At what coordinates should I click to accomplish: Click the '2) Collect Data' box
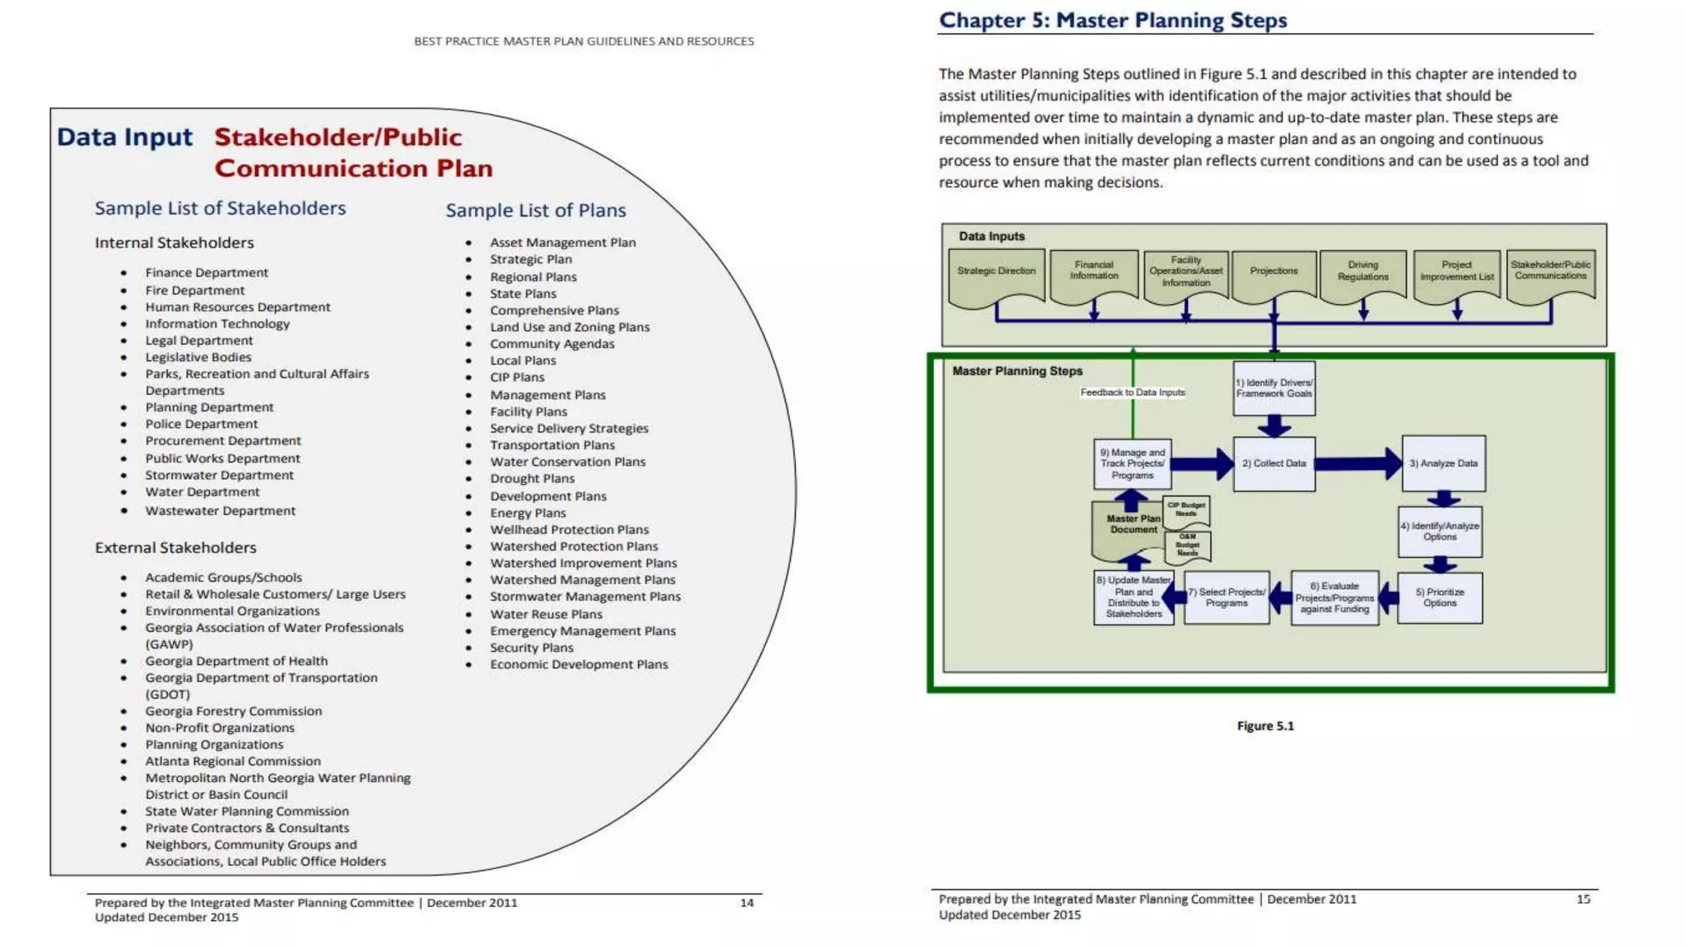pos(1274,464)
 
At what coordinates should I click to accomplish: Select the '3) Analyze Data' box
pos(1443,464)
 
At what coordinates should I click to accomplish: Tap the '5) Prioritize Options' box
pos(1440,598)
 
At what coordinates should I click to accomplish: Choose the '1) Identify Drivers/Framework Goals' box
pos(1274,388)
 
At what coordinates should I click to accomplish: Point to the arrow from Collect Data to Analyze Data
pos(1358,464)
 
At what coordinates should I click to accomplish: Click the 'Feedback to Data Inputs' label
pos(1133,393)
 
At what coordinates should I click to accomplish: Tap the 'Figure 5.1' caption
pos(1265,726)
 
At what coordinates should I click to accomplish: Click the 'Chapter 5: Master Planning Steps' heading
pos(1112,21)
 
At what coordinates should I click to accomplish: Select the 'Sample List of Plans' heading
pos(536,211)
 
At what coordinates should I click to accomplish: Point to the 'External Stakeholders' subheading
pos(175,548)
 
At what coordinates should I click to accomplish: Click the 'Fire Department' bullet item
pos(195,290)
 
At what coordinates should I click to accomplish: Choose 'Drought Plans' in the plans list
pos(533,479)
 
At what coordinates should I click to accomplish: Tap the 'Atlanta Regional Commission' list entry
pos(233,761)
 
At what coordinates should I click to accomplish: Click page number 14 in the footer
pos(747,903)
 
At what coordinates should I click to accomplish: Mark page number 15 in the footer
pos(1583,899)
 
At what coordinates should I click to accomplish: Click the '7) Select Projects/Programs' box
pos(1227,598)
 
